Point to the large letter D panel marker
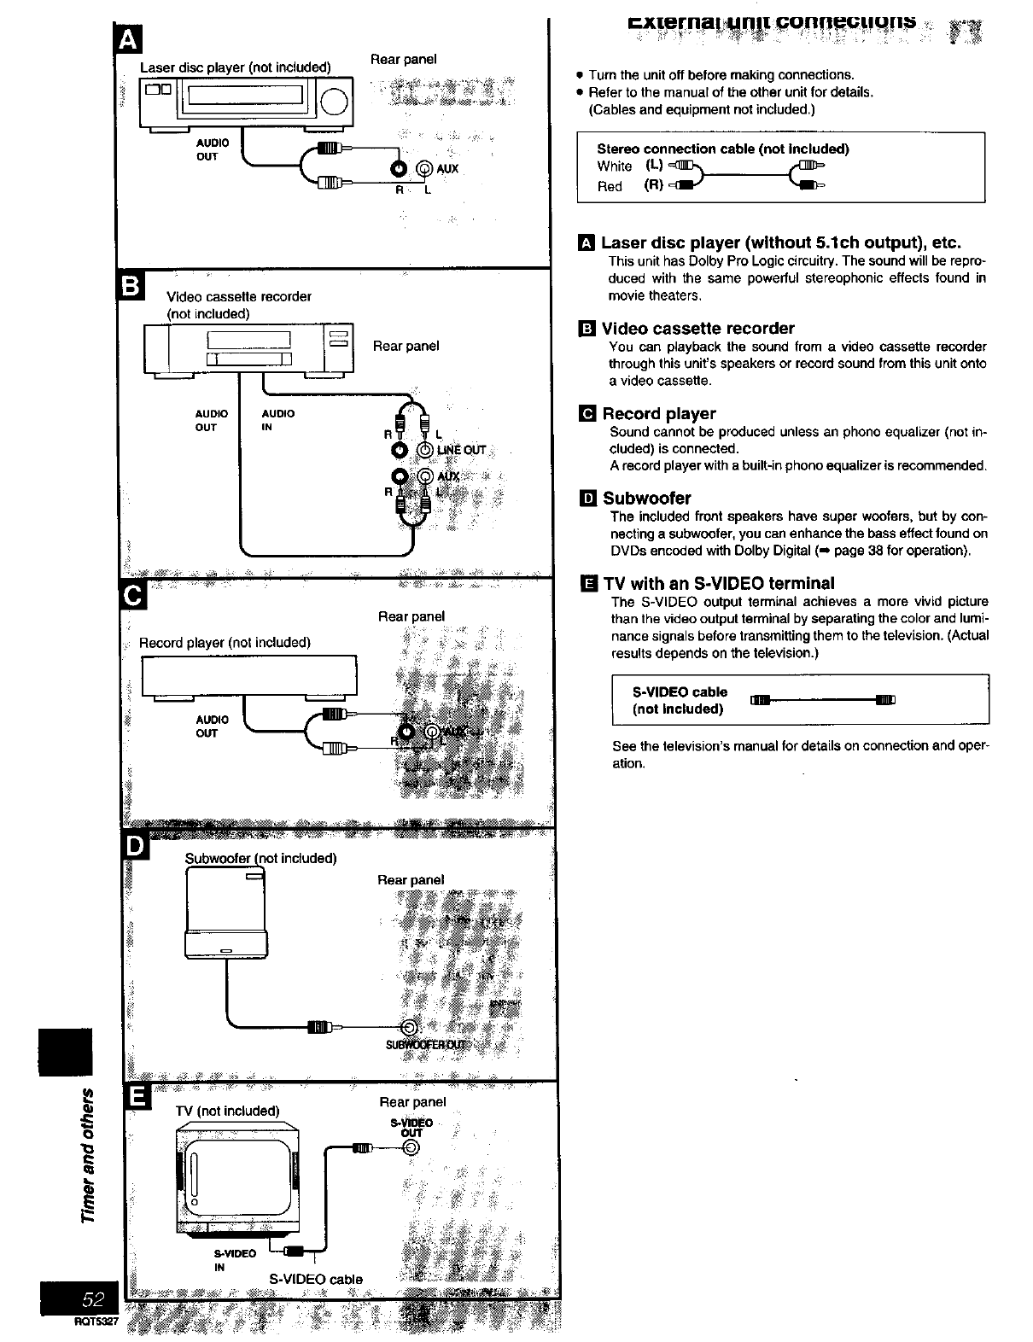coord(136,844)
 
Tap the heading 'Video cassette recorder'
coord(697,329)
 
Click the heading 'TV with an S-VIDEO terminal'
coord(718,584)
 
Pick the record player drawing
coord(248,676)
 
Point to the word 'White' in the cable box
coord(614,166)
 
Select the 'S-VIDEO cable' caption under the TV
coord(316,1279)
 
